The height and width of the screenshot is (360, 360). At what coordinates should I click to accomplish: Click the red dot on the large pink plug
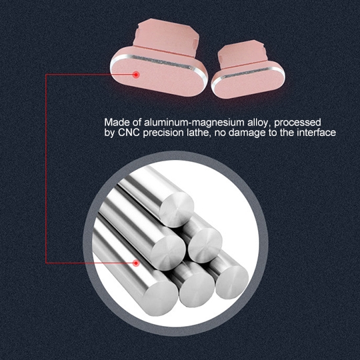pos(136,75)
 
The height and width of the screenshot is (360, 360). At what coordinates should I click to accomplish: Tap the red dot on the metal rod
pos(136,263)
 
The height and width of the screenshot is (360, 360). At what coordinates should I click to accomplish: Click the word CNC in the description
pos(129,133)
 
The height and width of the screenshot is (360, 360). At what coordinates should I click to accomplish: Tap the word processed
pos(297,123)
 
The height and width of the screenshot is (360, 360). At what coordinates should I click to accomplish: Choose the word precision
pos(163,133)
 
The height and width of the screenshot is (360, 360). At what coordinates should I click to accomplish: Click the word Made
pos(117,122)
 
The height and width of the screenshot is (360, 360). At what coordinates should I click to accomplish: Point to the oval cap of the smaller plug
pos(248,80)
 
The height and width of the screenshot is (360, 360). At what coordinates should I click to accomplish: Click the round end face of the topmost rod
pos(176,209)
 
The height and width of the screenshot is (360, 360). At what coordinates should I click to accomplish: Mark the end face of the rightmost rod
pos(232,282)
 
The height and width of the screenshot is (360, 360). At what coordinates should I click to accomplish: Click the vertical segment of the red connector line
pos(46,169)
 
